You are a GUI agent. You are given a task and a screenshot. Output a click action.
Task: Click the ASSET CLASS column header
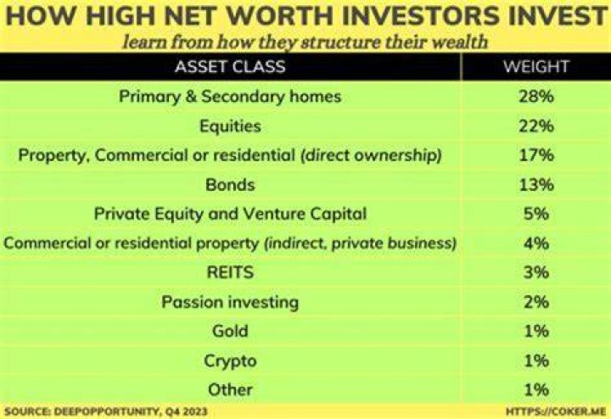click(x=230, y=67)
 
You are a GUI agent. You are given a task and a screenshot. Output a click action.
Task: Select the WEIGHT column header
click(x=535, y=67)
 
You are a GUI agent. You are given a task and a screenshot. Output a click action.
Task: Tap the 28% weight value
click(x=536, y=97)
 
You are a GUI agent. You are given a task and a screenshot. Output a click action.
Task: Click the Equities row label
click(x=230, y=126)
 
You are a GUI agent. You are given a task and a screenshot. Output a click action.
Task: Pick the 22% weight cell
click(x=536, y=126)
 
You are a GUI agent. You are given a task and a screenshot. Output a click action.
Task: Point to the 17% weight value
click(x=536, y=155)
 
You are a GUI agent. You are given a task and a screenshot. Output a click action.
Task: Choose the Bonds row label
click(x=230, y=185)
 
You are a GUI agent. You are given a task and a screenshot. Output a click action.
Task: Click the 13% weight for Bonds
click(x=536, y=185)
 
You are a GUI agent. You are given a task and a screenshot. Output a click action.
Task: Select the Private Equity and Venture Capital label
click(x=230, y=215)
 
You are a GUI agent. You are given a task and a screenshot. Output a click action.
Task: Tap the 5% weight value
click(x=536, y=214)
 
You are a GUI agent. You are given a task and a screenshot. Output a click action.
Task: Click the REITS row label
click(x=230, y=272)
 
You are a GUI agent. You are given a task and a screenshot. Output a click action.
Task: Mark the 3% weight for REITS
click(x=536, y=272)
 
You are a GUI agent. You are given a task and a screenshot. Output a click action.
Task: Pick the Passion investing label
click(x=230, y=302)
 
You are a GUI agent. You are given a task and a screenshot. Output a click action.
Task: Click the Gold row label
click(x=230, y=331)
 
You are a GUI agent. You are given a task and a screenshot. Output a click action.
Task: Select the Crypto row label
click(x=230, y=361)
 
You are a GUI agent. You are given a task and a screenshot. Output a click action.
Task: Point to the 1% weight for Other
click(x=536, y=389)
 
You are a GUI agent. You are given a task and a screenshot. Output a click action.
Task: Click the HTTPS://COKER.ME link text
click(x=556, y=411)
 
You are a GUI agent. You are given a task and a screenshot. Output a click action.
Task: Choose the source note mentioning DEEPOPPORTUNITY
click(x=106, y=411)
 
